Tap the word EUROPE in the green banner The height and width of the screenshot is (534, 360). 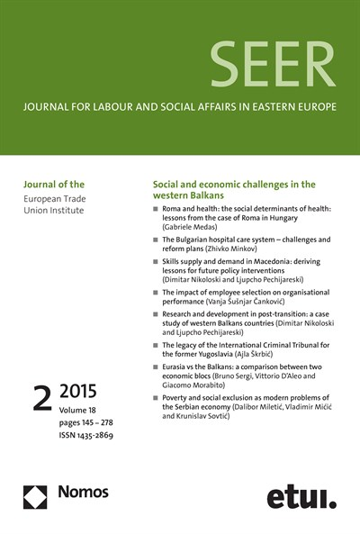[x=312, y=109]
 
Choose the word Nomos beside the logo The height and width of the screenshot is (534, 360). [x=83, y=493]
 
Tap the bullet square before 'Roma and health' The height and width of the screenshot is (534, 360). [x=156, y=210]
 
